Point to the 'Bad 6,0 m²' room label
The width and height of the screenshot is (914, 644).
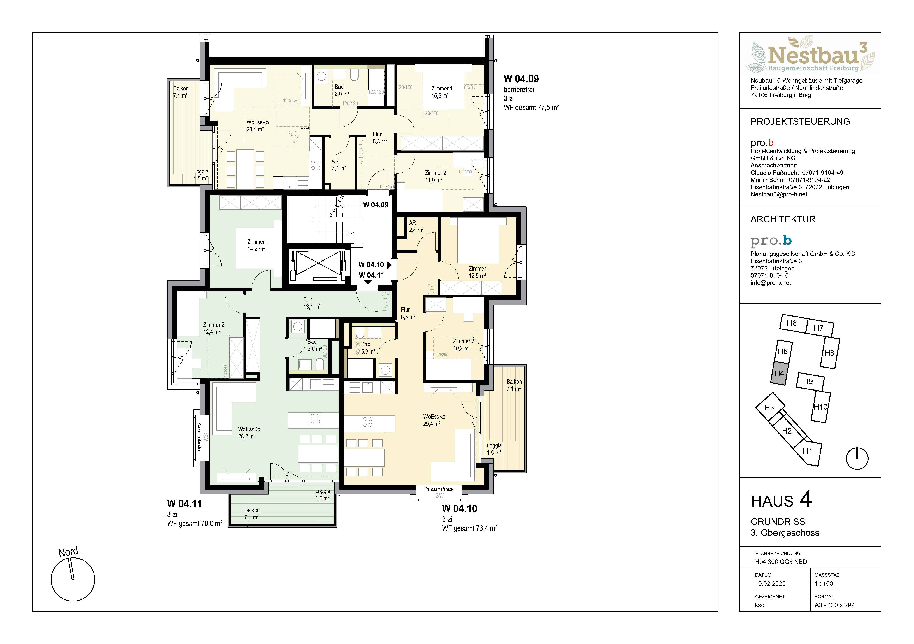(x=341, y=90)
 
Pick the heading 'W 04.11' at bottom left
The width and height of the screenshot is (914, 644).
(x=184, y=504)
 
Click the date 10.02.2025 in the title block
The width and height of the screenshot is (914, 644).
(x=770, y=583)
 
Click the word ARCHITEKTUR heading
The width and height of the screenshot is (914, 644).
(x=783, y=219)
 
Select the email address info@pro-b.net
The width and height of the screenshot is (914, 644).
(x=771, y=283)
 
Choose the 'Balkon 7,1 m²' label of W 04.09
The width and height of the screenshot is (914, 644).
(x=181, y=92)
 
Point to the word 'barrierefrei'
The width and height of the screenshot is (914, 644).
(x=519, y=90)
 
